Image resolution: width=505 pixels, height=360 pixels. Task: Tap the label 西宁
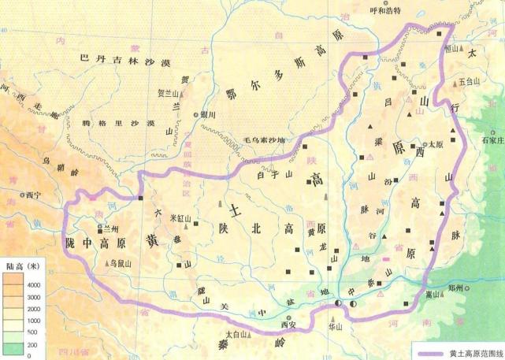pos(32,195)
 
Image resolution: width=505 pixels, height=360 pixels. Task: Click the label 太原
pos(436,145)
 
